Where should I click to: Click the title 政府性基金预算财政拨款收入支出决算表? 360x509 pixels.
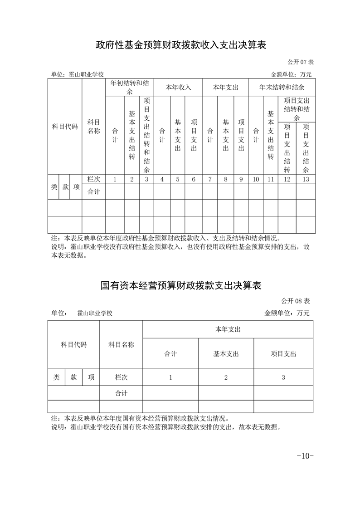[180, 45]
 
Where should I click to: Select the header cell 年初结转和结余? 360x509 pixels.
[129, 87]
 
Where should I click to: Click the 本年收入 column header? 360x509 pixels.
[178, 87]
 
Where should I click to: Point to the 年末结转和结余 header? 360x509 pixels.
[282, 87]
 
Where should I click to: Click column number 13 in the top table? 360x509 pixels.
[306, 179]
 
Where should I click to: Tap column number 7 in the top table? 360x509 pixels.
[210, 179]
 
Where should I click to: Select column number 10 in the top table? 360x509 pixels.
[256, 179]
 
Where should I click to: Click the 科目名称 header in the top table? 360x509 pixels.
[93, 127]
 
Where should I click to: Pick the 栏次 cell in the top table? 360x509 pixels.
[93, 179]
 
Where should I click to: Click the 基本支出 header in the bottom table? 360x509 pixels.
[226, 354]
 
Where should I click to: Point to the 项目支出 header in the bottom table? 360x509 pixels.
[283, 354]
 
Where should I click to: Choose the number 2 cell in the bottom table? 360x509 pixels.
[226, 377]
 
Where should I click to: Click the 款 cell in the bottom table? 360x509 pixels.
[73, 377]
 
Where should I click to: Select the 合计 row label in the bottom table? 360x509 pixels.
[121, 393]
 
